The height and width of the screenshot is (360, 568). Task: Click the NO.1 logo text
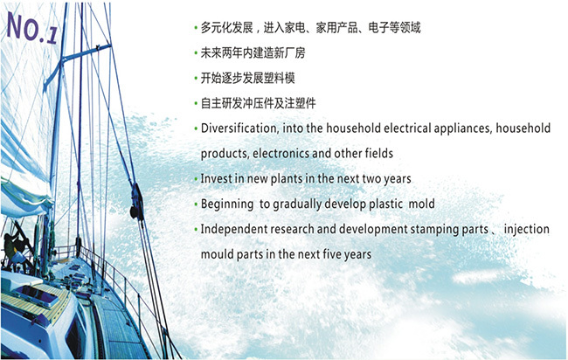[x=31, y=28]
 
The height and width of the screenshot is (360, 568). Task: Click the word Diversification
[x=239, y=128]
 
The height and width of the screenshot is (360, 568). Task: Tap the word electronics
[x=281, y=154]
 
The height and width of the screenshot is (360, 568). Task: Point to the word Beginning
[x=227, y=204]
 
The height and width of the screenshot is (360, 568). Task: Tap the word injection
[x=527, y=230]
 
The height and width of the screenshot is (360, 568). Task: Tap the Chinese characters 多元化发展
[x=227, y=28]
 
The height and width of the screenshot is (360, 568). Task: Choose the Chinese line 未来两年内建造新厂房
[x=253, y=53]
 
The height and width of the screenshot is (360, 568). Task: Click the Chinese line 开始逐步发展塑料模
[x=248, y=79]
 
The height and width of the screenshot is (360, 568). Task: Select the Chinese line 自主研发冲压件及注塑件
[x=259, y=104]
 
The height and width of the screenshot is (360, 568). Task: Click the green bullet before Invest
[x=196, y=179]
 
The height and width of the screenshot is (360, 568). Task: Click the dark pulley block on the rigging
[x=136, y=202]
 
